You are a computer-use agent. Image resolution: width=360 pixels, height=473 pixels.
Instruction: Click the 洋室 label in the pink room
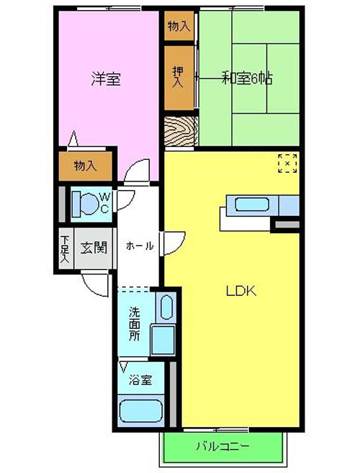pos(106,79)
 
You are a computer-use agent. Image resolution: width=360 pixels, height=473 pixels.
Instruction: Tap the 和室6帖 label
pos(248,78)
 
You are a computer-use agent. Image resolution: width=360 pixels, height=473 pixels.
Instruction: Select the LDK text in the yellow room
pos(241,291)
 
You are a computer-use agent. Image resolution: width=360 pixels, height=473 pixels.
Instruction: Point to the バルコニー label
pos(223,446)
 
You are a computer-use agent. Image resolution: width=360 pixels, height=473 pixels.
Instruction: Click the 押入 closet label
pos(178,77)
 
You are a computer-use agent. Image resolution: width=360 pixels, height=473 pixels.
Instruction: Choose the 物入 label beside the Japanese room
pos(179,27)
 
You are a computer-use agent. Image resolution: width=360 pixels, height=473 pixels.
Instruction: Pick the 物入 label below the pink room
pos(86,166)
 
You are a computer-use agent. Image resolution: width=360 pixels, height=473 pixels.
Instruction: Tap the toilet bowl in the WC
pos(86,204)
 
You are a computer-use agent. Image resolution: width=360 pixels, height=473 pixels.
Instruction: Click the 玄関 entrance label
pos(94,248)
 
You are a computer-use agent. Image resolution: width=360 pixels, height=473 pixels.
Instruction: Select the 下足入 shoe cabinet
pos(66,248)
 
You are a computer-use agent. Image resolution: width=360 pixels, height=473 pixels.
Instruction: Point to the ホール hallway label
pos(140,245)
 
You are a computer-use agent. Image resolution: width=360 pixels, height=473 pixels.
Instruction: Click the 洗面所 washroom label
pos(135,323)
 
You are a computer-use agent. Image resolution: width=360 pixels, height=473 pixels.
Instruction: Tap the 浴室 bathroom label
pos(140,380)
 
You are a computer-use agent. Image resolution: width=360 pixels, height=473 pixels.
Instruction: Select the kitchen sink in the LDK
pos(252,204)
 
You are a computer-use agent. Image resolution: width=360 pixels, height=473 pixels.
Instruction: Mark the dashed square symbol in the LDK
pos(287,163)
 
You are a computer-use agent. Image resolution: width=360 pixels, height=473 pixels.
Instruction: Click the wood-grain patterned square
pos(181,131)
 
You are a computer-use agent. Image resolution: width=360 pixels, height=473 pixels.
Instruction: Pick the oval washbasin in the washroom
pos(166,307)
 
